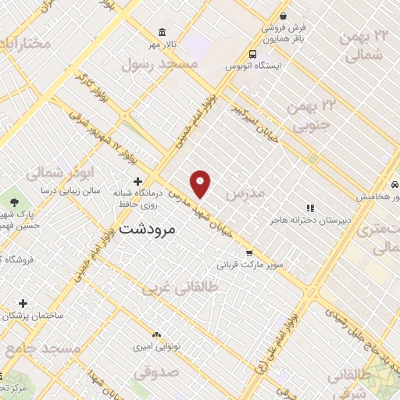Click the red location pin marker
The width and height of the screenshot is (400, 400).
(x=202, y=184)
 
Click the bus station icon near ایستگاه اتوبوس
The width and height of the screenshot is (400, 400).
(x=252, y=54)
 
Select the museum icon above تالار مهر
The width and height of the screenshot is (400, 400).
(x=161, y=32)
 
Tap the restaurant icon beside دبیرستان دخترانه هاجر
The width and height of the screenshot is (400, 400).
(x=310, y=208)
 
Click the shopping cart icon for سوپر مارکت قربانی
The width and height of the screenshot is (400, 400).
(x=249, y=252)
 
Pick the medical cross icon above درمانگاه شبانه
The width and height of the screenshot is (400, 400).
(x=137, y=181)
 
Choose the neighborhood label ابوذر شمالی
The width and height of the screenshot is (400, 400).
(x=66, y=171)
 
